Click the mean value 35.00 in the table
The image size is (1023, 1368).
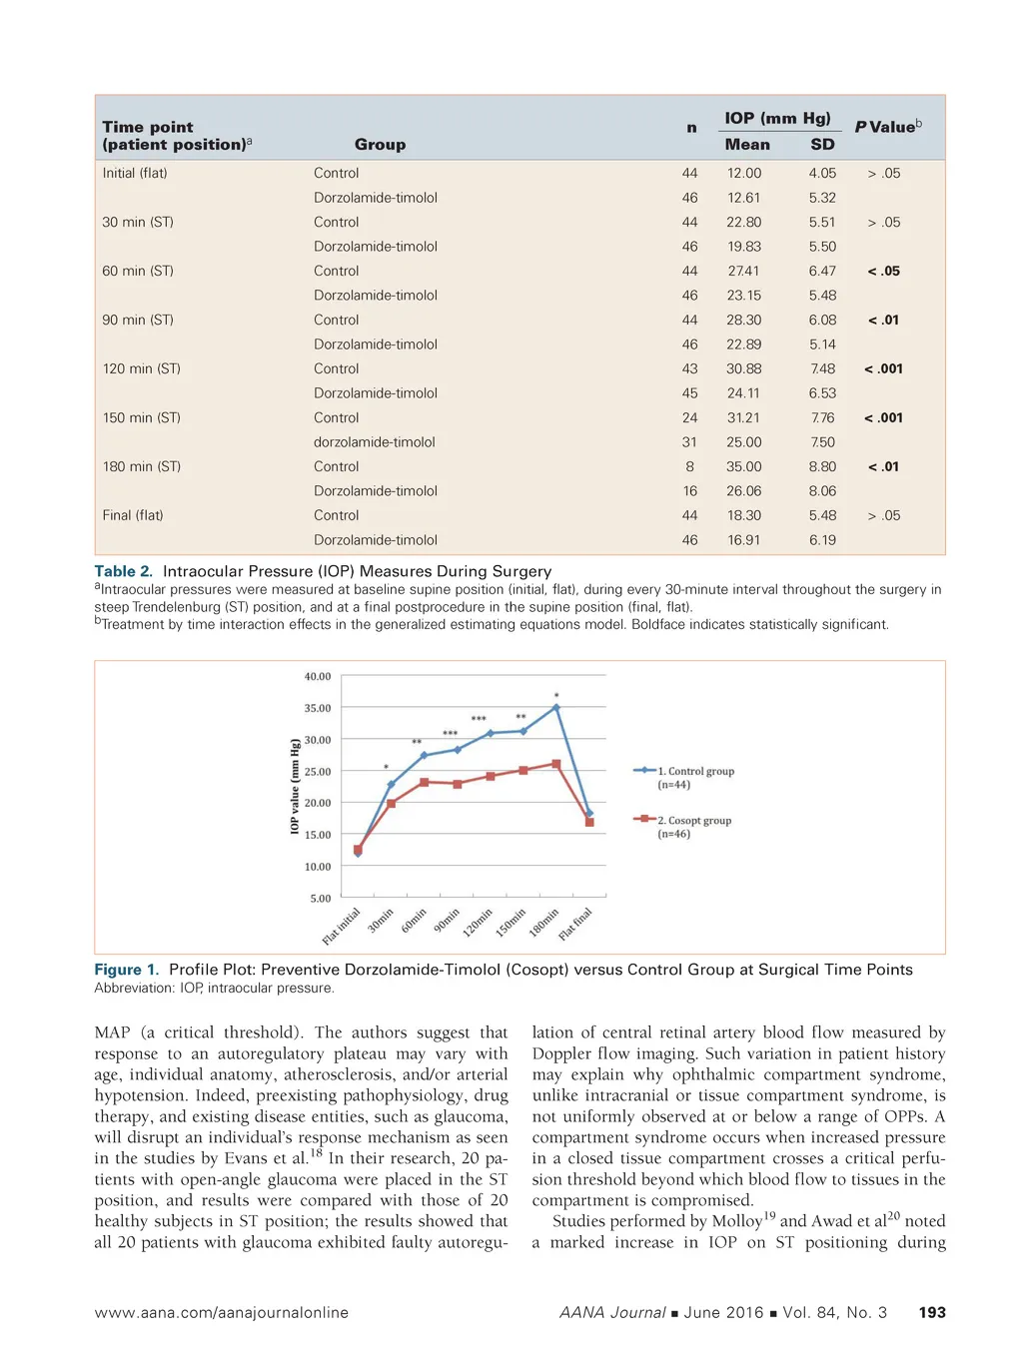pyautogui.click(x=743, y=466)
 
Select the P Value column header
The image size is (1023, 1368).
pyautogui.click(x=887, y=127)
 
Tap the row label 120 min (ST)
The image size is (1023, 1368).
pyautogui.click(x=141, y=368)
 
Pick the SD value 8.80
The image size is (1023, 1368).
pyautogui.click(x=822, y=466)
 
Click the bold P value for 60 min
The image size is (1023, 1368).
pyautogui.click(x=883, y=271)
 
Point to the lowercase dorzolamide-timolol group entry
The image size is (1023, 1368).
pyautogui.click(x=374, y=442)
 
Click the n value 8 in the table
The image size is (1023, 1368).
pyautogui.click(x=689, y=466)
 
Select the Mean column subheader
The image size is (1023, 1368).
pyautogui.click(x=747, y=145)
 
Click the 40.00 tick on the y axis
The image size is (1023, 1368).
pyautogui.click(x=318, y=677)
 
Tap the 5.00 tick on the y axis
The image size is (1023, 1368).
pyautogui.click(x=320, y=899)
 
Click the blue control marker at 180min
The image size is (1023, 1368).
pyautogui.click(x=556, y=708)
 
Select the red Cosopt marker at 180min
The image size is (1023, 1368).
pyautogui.click(x=556, y=764)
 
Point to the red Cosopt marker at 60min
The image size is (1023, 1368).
pyautogui.click(x=424, y=782)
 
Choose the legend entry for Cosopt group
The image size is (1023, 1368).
pyautogui.click(x=693, y=821)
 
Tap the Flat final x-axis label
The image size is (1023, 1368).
pyautogui.click(x=576, y=924)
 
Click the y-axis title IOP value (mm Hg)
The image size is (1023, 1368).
pyautogui.click(x=295, y=786)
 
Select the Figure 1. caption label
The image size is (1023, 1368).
pyautogui.click(x=126, y=970)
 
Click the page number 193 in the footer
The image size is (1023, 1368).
pyautogui.click(x=931, y=1312)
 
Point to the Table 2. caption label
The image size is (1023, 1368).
pyautogui.click(x=123, y=571)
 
